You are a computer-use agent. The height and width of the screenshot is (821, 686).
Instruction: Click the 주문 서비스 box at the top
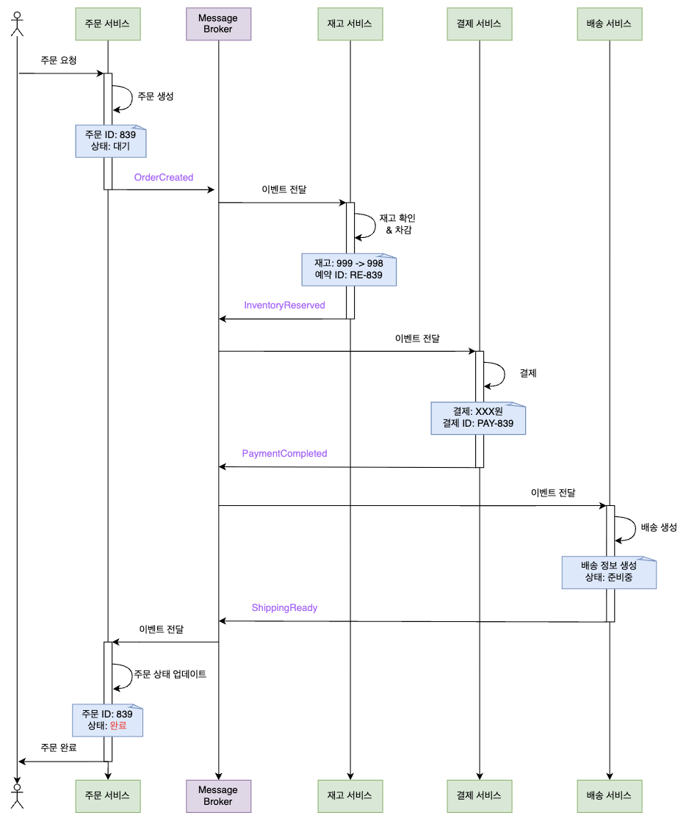107,23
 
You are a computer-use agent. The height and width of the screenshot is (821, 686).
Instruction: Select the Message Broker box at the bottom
218,795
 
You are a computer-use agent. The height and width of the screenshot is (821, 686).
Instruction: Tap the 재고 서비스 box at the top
350,23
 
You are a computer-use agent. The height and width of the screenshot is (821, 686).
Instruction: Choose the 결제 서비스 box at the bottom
480,795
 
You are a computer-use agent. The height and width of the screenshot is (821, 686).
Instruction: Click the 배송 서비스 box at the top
609,23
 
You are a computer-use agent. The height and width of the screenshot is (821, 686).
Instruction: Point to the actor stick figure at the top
16,23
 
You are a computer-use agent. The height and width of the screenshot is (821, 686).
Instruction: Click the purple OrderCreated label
164,178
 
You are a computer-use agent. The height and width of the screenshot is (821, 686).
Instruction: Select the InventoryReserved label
284,305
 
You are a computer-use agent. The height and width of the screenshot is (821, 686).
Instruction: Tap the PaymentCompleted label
284,454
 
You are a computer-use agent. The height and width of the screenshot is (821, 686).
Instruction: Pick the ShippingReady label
284,608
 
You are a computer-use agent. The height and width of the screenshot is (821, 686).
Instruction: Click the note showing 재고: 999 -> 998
349,270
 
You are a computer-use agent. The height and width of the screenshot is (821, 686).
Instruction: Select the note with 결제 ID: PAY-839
478,418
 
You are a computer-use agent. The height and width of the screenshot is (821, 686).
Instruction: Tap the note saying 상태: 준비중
609,572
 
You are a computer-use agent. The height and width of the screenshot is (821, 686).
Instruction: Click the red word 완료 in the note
118,726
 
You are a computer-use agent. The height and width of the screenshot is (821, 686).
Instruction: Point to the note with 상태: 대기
111,140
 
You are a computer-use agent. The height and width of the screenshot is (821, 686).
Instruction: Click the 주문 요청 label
59,60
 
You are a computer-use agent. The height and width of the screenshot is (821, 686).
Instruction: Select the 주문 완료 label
59,748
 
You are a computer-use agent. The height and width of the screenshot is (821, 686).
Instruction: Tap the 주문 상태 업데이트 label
170,674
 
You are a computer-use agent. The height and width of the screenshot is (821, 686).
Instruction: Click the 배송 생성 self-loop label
659,527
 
